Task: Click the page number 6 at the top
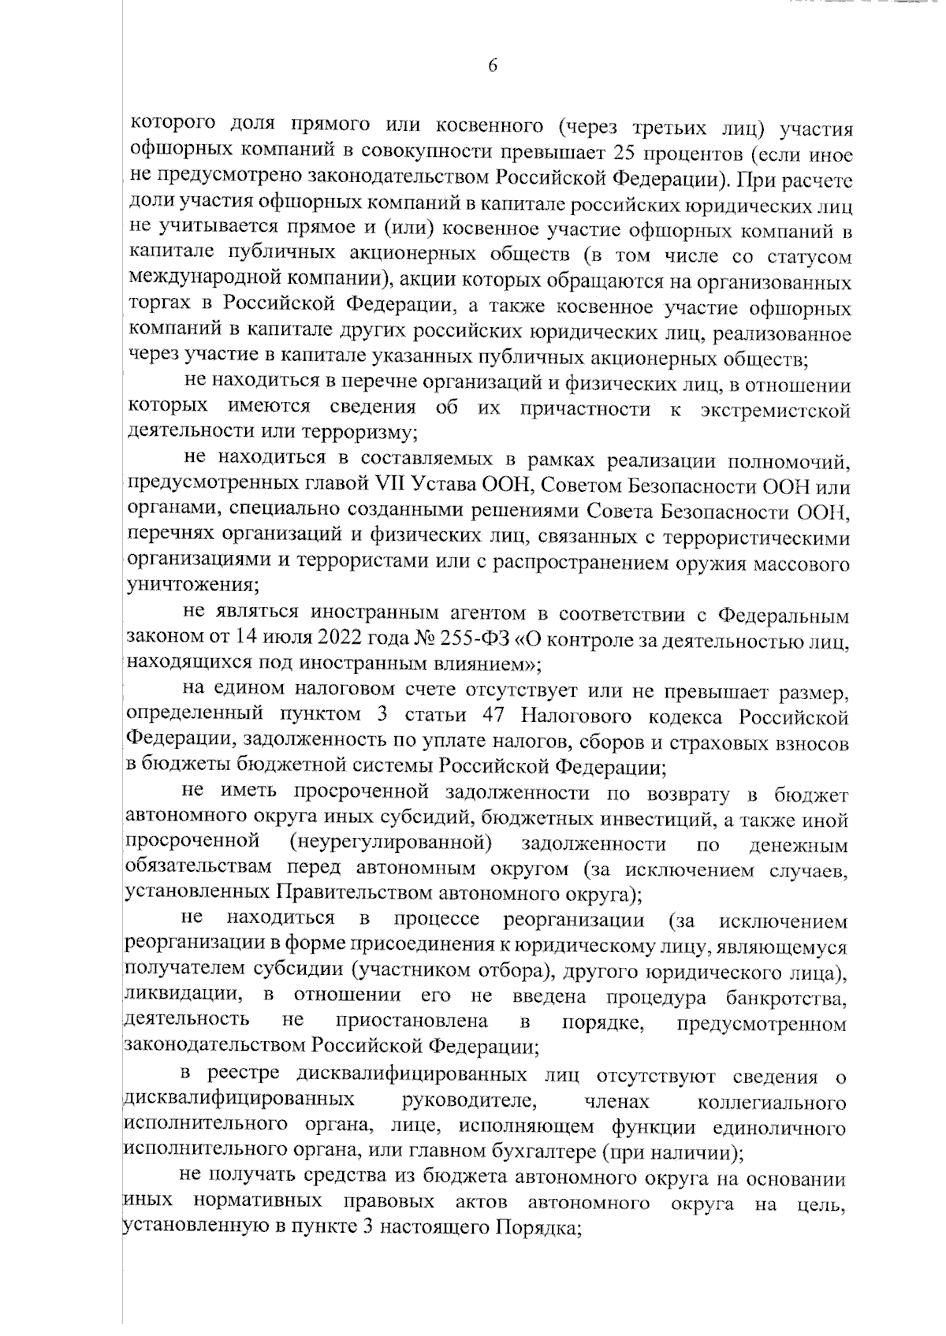tap(493, 66)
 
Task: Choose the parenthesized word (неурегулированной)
tap(392, 844)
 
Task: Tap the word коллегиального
tap(772, 1101)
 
